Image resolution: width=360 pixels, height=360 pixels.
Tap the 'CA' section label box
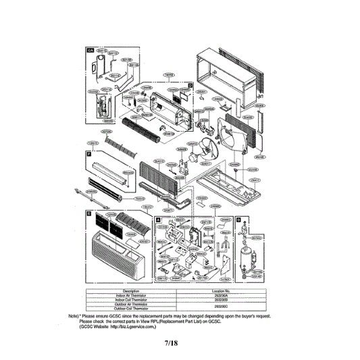[89, 51]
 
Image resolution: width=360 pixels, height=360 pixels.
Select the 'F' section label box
[88, 155]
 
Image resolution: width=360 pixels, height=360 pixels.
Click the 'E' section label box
[88, 212]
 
